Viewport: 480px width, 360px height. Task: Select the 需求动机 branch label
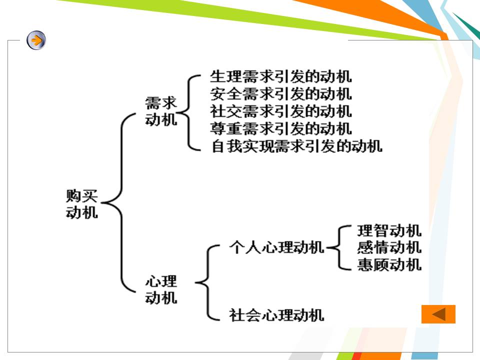tap(161, 111)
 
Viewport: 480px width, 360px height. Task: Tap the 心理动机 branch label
tap(161, 289)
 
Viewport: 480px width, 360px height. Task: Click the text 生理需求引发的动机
tap(280, 77)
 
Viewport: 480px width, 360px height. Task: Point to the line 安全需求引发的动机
tap(280, 93)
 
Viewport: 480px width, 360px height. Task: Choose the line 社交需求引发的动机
tap(280, 110)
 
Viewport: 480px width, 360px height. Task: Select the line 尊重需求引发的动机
tap(280, 128)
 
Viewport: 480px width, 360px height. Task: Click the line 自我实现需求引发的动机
tap(296, 146)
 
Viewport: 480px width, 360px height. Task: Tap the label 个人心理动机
tap(276, 247)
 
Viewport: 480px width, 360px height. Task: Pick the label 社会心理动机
tap(276, 315)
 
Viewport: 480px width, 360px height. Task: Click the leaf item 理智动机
tap(389, 230)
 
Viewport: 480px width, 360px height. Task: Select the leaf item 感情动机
tap(389, 247)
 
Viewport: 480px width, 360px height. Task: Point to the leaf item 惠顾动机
tap(389, 264)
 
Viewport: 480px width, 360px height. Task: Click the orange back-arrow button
tap(438, 314)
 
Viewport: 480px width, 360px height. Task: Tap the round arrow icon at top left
tap(36, 40)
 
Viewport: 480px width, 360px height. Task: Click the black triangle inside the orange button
tap(439, 314)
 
